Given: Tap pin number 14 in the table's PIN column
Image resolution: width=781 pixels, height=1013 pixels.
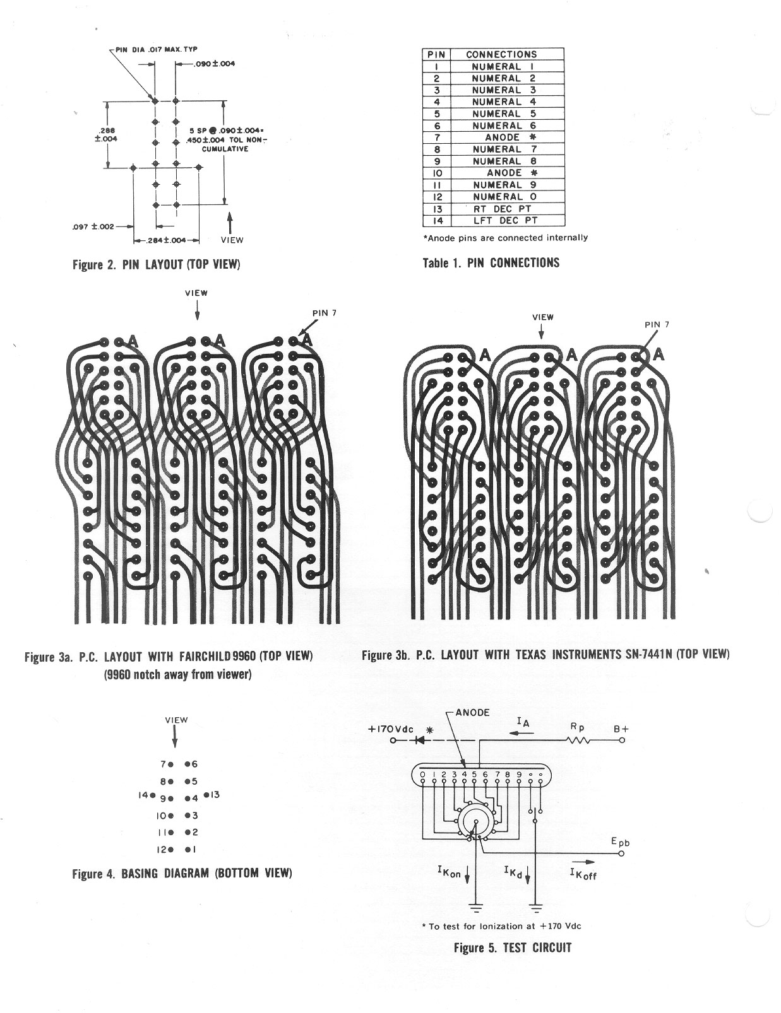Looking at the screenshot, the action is [x=436, y=221].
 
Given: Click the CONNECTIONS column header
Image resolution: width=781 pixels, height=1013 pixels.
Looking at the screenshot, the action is [x=501, y=54].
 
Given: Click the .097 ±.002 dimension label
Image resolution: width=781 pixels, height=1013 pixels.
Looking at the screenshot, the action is [x=93, y=226].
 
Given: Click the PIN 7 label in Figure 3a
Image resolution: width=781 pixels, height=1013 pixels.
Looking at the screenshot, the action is [x=325, y=313].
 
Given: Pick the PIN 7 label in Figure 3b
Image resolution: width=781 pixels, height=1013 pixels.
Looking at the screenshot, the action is [x=657, y=324].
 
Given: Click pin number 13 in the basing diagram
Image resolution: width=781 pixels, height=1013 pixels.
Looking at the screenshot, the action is [x=215, y=794].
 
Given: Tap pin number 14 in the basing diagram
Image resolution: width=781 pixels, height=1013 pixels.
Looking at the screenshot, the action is [x=143, y=795].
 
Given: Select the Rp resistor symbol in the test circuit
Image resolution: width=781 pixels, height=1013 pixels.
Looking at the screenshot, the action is [x=579, y=740].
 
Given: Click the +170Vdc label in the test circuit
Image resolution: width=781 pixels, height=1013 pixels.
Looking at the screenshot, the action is [x=390, y=729].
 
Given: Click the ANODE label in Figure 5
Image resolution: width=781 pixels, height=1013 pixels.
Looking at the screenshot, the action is [x=473, y=712].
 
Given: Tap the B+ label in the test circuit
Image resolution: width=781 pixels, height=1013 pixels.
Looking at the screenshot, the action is [x=621, y=729].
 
